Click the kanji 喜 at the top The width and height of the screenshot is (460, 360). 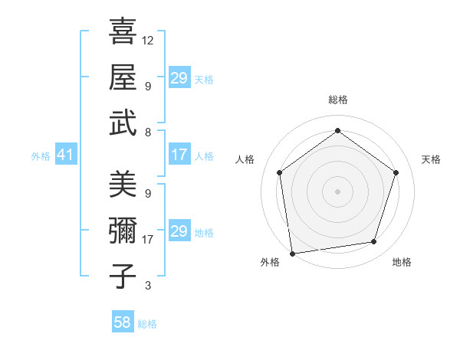point(123,31)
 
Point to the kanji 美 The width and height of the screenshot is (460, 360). point(123,185)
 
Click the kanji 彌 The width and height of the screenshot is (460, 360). point(123,230)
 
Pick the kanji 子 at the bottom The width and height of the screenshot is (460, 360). point(123,275)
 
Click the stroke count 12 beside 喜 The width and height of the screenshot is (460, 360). point(148,40)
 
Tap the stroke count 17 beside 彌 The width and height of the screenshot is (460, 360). point(148,240)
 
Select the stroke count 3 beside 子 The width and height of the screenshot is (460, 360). point(148,286)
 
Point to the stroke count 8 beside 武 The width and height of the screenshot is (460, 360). point(148,132)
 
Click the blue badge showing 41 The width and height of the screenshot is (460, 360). point(65,155)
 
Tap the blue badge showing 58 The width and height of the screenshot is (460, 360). point(123,322)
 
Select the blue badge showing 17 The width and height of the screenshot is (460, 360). point(179,155)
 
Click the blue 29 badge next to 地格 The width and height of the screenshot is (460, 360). point(179,232)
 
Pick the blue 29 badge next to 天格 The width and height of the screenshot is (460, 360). point(179,78)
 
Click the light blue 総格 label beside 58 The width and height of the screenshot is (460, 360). point(147,324)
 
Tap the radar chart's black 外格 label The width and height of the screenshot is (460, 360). point(270,262)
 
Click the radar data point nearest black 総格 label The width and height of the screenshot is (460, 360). point(337,130)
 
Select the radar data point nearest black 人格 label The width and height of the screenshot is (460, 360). point(279,172)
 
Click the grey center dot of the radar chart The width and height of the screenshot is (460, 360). point(337,191)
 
